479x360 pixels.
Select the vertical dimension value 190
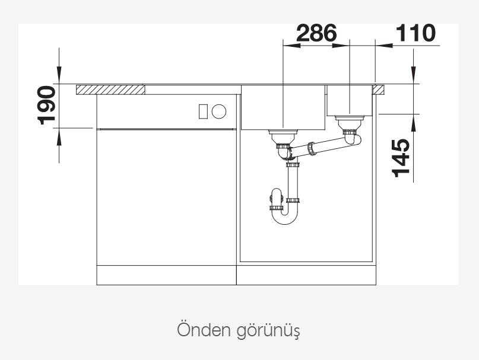pos(46,106)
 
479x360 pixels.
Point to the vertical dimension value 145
pos(401,158)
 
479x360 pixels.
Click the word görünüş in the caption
pos(268,331)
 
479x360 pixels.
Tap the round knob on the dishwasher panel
pos(219,111)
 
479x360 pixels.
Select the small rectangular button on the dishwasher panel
pos(204,111)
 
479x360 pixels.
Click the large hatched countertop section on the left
pos(110,90)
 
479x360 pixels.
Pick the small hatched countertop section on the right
pos(378,90)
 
